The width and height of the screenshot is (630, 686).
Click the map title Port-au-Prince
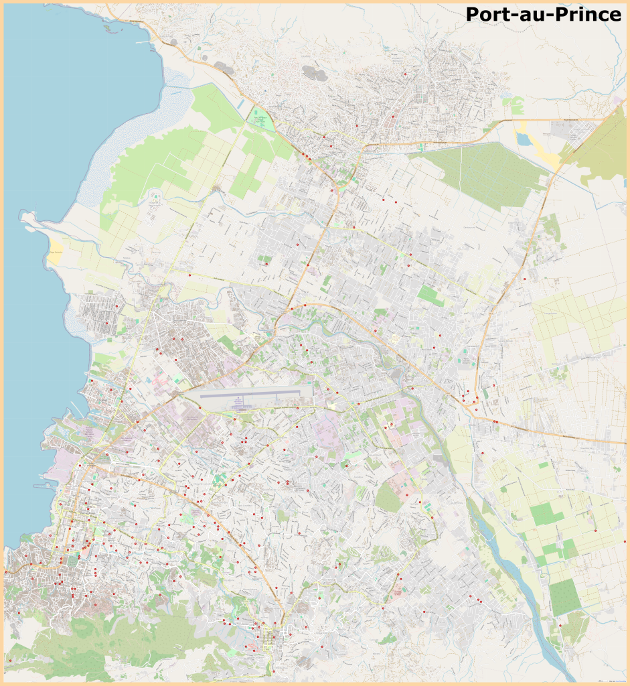[x=543, y=14]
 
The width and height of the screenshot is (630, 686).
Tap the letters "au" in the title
[x=529, y=15]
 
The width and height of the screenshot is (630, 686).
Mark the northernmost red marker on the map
[x=406, y=73]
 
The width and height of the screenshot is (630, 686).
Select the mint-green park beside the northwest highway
[x=260, y=121]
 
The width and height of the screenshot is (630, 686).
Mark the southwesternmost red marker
[x=10, y=660]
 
